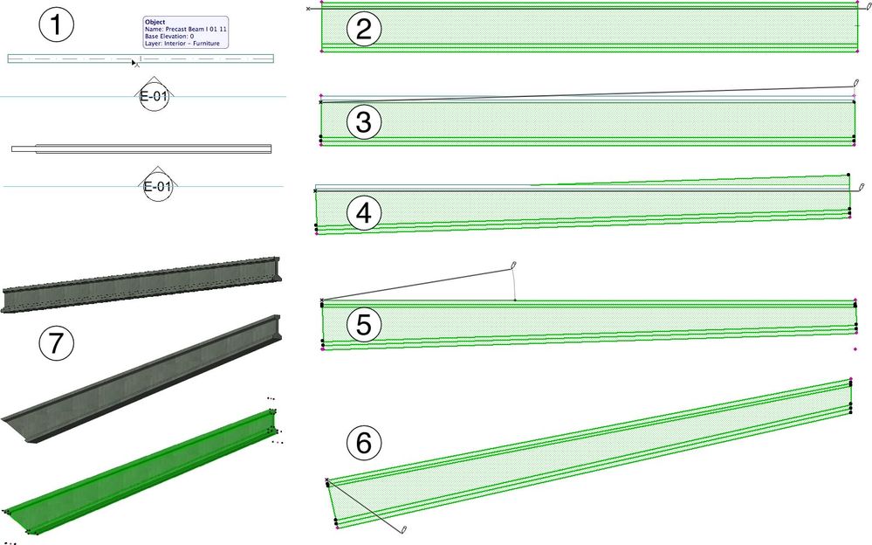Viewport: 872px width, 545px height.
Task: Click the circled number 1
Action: [57, 25]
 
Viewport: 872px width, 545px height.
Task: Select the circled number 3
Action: [363, 123]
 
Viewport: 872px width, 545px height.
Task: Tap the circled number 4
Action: [363, 213]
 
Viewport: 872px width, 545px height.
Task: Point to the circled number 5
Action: [363, 325]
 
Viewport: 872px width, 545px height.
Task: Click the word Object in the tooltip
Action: [154, 22]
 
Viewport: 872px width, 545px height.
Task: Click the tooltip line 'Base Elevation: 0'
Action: [175, 36]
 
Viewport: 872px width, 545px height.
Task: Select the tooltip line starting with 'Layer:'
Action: [182, 43]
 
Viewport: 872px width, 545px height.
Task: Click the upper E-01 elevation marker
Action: [154, 97]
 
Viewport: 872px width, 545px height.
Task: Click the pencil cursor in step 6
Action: [404, 530]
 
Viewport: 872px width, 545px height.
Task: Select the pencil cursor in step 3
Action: [856, 84]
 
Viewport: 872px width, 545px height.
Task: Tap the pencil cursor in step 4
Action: [861, 187]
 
